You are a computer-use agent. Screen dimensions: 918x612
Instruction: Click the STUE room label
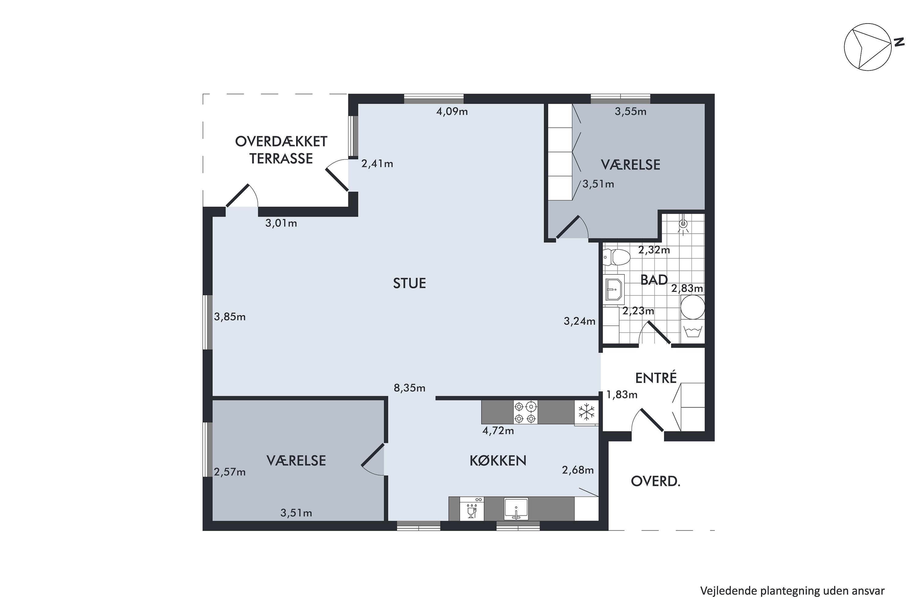409,283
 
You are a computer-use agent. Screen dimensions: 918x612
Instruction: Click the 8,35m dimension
409,388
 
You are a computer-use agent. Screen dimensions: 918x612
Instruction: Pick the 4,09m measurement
452,112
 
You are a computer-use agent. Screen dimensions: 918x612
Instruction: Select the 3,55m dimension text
631,112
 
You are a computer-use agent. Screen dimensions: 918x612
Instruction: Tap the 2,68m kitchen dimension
578,470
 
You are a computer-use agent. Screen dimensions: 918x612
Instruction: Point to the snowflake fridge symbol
586,412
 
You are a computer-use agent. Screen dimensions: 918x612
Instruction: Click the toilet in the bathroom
616,257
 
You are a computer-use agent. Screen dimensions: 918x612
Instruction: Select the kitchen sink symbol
516,509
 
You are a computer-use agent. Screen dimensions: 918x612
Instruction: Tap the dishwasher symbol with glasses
472,509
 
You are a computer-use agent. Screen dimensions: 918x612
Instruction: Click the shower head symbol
683,225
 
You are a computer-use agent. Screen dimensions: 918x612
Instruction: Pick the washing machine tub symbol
693,331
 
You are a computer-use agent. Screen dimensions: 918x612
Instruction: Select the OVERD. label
656,482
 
